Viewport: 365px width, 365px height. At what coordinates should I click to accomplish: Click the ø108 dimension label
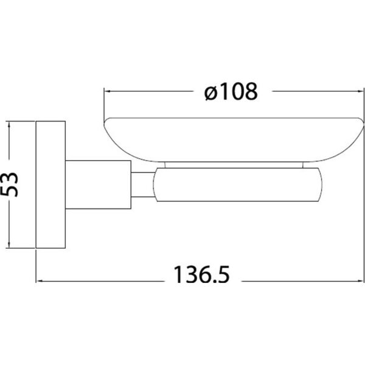coord(231,91)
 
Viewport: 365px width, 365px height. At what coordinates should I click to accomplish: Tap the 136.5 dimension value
coord(201,274)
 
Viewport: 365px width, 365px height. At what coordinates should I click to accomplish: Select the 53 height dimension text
coord(9,184)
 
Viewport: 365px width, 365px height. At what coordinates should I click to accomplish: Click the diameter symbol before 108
coord(210,93)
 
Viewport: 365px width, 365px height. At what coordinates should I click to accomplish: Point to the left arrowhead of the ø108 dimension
coord(107,91)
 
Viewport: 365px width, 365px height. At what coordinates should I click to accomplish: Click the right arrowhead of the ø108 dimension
coord(360,91)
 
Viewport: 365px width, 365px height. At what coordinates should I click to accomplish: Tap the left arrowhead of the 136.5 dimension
coord(40,281)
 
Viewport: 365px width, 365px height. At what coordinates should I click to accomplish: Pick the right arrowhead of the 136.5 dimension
coord(360,281)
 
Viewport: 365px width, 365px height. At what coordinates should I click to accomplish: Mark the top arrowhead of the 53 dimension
coord(9,125)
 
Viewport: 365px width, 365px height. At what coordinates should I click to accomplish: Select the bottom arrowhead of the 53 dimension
coord(9,245)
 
